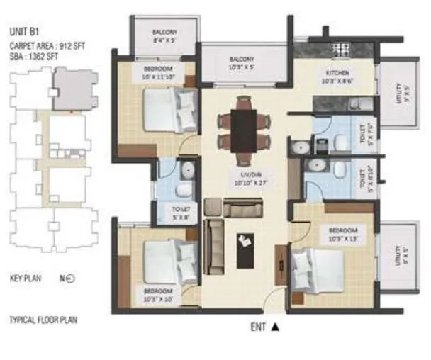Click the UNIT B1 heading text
click(23, 32)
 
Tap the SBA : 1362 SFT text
click(33, 56)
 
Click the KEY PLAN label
click(26, 279)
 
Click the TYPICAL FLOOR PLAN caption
click(43, 320)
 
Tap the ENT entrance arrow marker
click(276, 327)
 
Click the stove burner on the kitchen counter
click(340, 50)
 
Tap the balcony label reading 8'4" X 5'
click(164, 37)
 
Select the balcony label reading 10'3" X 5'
click(242, 62)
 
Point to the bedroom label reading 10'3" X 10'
click(157, 295)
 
